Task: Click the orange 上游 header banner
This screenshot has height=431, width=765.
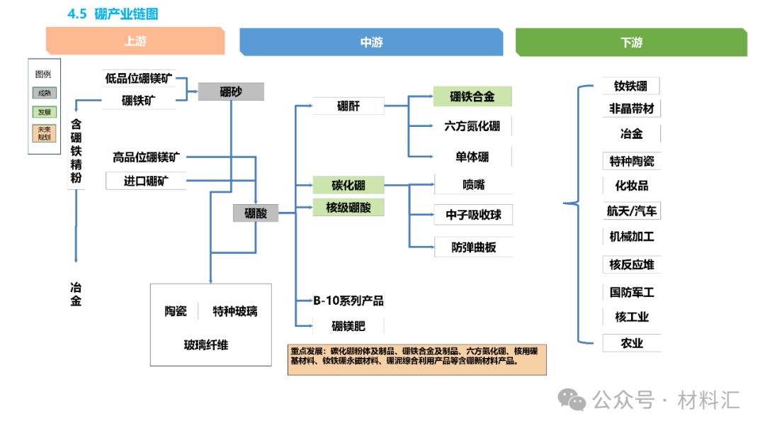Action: tap(135, 41)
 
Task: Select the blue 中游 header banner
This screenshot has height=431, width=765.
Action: tap(371, 43)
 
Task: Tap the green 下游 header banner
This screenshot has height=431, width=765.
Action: tap(630, 43)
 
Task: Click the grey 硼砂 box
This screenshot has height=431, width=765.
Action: tap(231, 91)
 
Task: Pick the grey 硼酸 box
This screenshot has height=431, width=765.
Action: tap(255, 213)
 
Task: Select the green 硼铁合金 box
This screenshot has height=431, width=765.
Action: tap(472, 96)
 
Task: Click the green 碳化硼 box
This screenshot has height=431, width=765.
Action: tap(348, 186)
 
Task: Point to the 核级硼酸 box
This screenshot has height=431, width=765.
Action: tap(348, 208)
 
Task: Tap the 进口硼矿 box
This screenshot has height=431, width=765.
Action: tap(146, 181)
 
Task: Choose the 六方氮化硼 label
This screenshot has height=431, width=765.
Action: tap(472, 126)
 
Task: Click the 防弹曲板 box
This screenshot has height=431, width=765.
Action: tap(473, 247)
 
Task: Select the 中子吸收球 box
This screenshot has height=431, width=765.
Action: tap(473, 215)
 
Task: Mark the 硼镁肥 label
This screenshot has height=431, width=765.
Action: tap(348, 326)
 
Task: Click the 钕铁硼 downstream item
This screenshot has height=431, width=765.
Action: tap(630, 86)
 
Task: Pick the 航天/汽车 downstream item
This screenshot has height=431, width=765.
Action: tap(630, 211)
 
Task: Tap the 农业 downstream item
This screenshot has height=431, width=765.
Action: tap(631, 343)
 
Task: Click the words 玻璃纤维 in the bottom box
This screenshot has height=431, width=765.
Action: tap(206, 345)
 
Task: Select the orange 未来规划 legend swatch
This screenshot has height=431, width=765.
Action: tap(44, 133)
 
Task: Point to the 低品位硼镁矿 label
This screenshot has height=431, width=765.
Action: tap(139, 79)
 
